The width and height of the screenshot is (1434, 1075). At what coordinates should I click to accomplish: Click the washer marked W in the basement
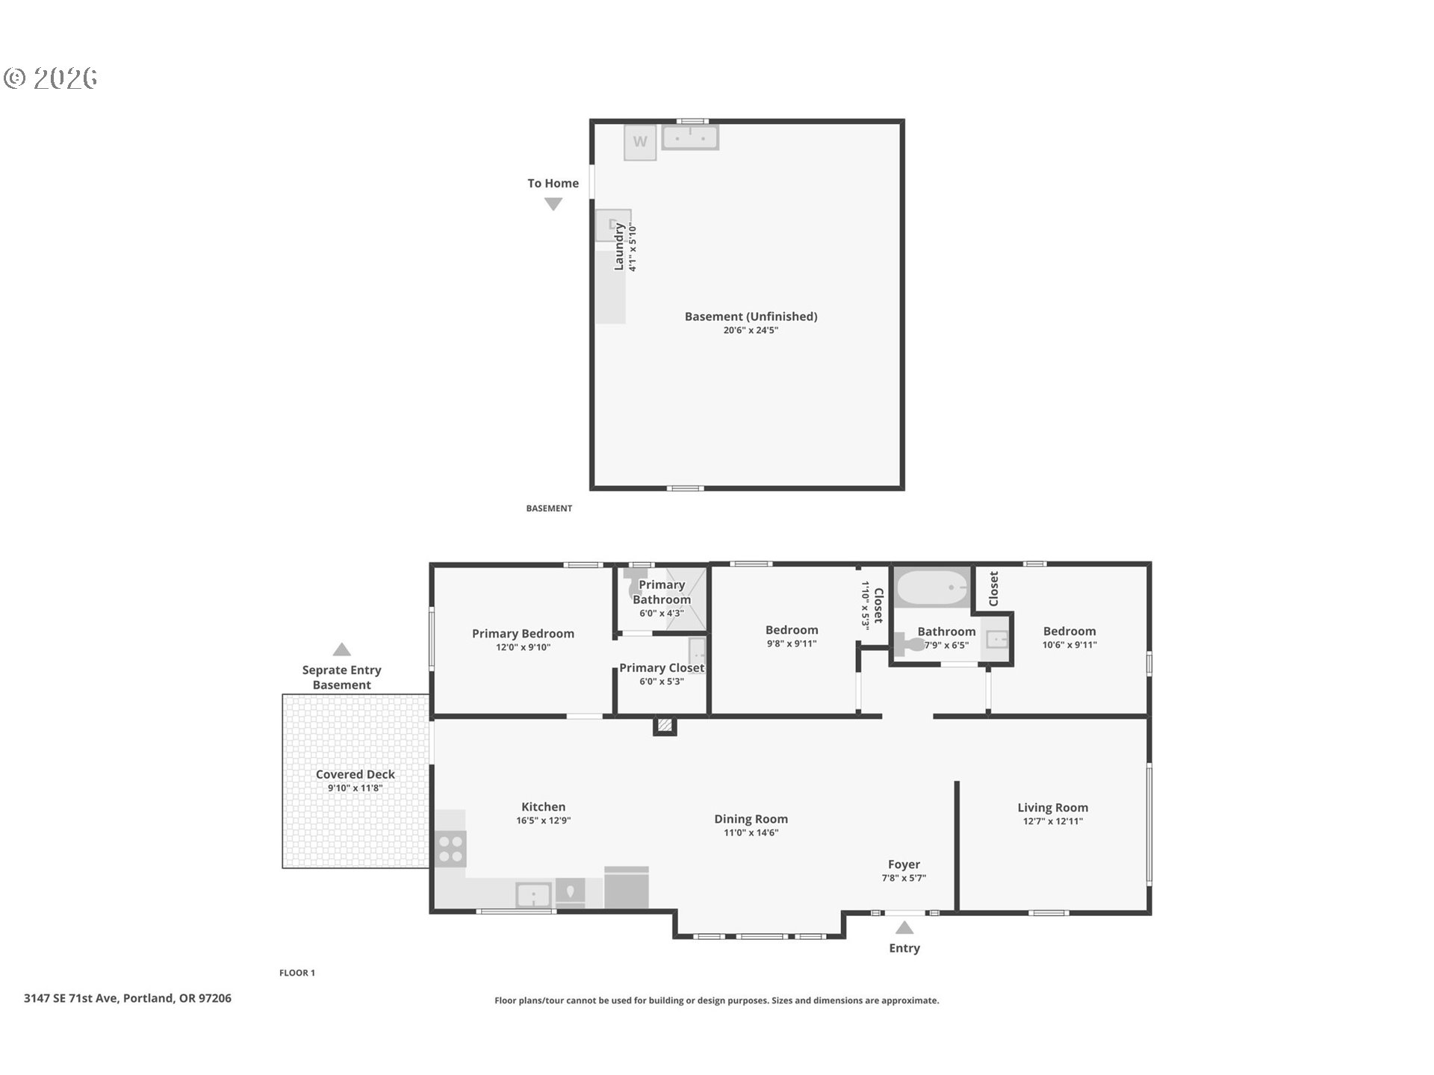pyautogui.click(x=640, y=142)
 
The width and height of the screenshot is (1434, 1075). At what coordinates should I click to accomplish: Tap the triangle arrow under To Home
pyautogui.click(x=553, y=204)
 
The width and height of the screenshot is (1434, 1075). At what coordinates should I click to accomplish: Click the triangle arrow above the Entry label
pyautogui.click(x=904, y=928)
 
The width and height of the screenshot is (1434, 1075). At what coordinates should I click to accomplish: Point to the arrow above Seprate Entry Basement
pyautogui.click(x=341, y=649)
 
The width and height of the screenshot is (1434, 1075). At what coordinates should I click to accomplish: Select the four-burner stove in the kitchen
pyautogui.click(x=450, y=849)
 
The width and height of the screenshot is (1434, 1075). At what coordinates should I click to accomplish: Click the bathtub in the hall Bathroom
pyautogui.click(x=933, y=588)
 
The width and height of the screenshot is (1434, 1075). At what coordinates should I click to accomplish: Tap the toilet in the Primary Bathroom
pyautogui.click(x=636, y=582)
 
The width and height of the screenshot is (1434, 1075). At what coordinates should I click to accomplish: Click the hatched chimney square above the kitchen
pyautogui.click(x=665, y=726)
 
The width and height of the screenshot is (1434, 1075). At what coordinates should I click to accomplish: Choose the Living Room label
pyautogui.click(x=1052, y=807)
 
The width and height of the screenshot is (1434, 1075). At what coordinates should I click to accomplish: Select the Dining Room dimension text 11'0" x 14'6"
pyautogui.click(x=751, y=832)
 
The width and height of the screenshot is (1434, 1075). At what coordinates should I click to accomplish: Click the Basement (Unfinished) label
pyautogui.click(x=751, y=317)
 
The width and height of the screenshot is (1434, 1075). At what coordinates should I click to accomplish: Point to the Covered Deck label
pyautogui.click(x=355, y=774)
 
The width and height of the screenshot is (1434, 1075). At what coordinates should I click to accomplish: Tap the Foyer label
pyautogui.click(x=904, y=864)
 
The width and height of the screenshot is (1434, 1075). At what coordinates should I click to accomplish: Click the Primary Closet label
pyautogui.click(x=662, y=668)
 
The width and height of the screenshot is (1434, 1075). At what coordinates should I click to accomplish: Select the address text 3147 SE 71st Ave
pyautogui.click(x=71, y=998)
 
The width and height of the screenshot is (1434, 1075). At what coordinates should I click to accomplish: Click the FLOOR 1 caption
pyautogui.click(x=297, y=973)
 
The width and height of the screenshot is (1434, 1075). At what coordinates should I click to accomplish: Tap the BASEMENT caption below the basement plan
pyautogui.click(x=549, y=508)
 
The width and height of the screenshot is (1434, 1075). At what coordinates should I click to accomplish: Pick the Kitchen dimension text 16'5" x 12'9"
pyautogui.click(x=543, y=820)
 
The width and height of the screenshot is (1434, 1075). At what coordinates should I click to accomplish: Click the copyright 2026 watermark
pyautogui.click(x=51, y=78)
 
